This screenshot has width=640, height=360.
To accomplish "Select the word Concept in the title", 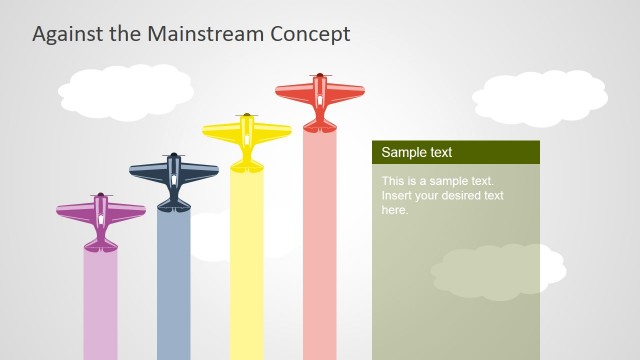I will [x=311, y=34].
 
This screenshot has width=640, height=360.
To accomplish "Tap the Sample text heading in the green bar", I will [x=417, y=153].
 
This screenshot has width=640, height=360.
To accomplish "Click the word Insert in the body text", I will [x=397, y=196].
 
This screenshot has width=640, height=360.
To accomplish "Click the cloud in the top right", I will [x=540, y=97].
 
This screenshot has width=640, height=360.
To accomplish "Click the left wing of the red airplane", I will [x=292, y=92].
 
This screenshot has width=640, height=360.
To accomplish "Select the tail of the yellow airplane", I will [x=247, y=162].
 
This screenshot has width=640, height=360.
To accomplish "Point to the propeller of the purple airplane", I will [x=101, y=196].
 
